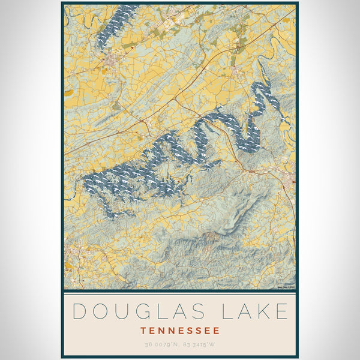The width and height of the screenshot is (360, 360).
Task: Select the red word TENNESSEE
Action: click(179, 331)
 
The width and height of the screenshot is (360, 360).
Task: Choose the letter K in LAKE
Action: click(262, 311)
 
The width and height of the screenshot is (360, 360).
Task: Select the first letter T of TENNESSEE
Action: click(143, 331)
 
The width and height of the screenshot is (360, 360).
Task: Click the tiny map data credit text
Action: click(285, 287)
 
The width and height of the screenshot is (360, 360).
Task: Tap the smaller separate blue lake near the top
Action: click(115, 25)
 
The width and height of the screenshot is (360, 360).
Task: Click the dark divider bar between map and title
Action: click(179, 291)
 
